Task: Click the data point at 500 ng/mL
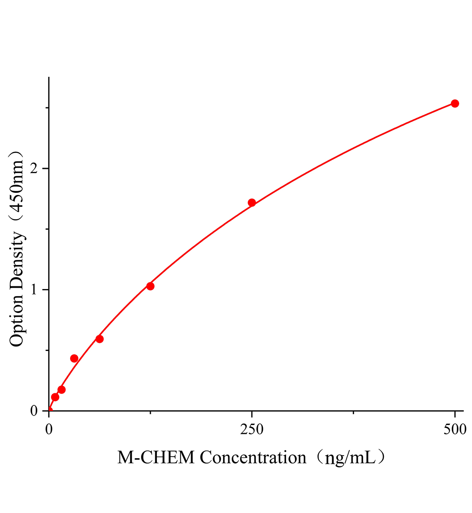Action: coord(455,103)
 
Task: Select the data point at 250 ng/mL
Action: coord(252,203)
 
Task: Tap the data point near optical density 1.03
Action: coord(150,286)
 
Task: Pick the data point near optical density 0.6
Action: coord(100,339)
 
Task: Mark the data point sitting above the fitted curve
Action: coord(74,358)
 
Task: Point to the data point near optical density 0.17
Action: coord(62,389)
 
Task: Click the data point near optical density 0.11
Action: coord(55,397)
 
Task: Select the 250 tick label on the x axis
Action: coord(252,430)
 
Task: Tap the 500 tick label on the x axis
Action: coord(455,430)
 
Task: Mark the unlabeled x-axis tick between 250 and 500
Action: coord(353,413)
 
